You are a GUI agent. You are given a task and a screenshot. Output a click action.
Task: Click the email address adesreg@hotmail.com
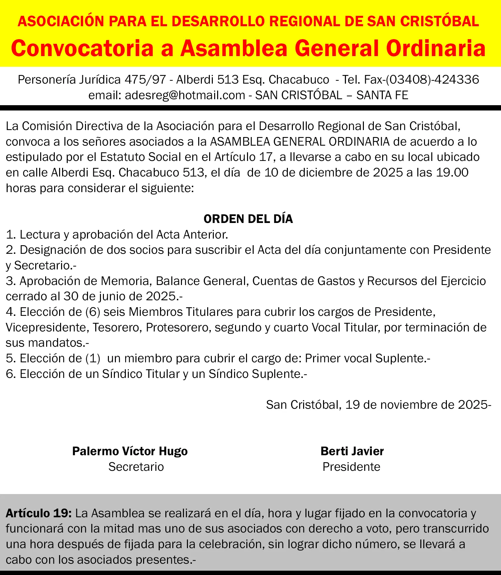click(x=185, y=95)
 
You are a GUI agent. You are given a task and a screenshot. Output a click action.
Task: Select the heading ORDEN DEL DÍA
click(x=248, y=219)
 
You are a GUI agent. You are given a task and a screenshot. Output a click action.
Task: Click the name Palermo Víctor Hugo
click(x=130, y=451)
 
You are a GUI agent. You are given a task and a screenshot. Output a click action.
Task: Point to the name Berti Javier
click(x=352, y=451)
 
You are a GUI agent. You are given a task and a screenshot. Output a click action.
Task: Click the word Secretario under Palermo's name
click(x=136, y=467)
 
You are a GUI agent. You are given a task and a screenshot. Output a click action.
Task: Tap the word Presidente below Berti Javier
click(x=351, y=467)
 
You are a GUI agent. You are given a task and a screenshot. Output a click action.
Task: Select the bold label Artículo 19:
click(x=39, y=513)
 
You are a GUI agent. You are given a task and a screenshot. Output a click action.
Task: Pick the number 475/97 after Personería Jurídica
click(x=145, y=80)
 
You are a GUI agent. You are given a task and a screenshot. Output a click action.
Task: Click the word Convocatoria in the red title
click(x=82, y=48)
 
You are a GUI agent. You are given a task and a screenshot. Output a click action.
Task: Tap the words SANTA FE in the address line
click(x=382, y=95)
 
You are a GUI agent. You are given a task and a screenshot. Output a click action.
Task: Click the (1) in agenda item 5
click(x=93, y=358)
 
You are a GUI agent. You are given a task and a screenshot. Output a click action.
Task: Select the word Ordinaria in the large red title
click(x=436, y=48)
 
